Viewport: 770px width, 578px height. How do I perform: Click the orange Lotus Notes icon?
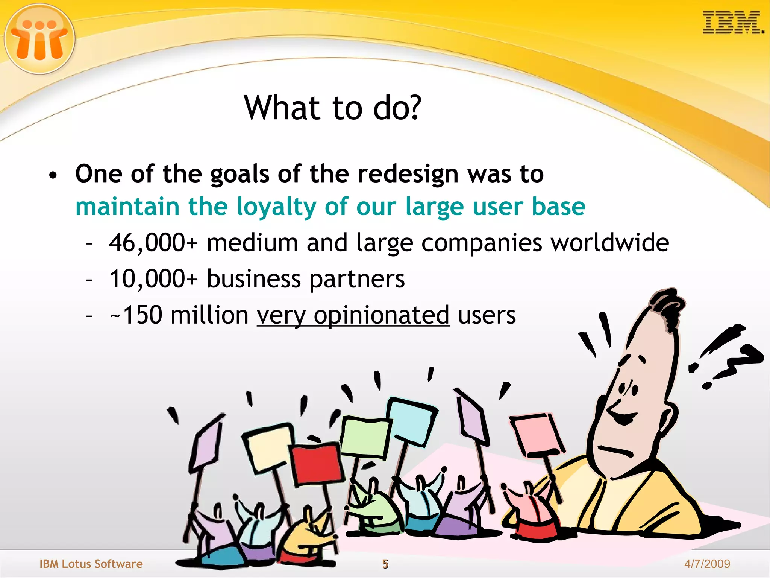click(39, 38)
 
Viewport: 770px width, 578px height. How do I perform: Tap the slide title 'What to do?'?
click(333, 108)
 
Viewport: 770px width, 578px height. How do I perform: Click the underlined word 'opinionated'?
click(381, 315)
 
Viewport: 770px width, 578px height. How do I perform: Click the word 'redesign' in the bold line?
click(408, 174)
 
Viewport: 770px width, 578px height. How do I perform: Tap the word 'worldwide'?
click(610, 243)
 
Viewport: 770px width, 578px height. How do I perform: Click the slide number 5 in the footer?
click(385, 564)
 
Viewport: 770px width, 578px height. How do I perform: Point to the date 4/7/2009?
click(707, 564)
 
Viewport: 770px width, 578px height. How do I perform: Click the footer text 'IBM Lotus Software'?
click(91, 564)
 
